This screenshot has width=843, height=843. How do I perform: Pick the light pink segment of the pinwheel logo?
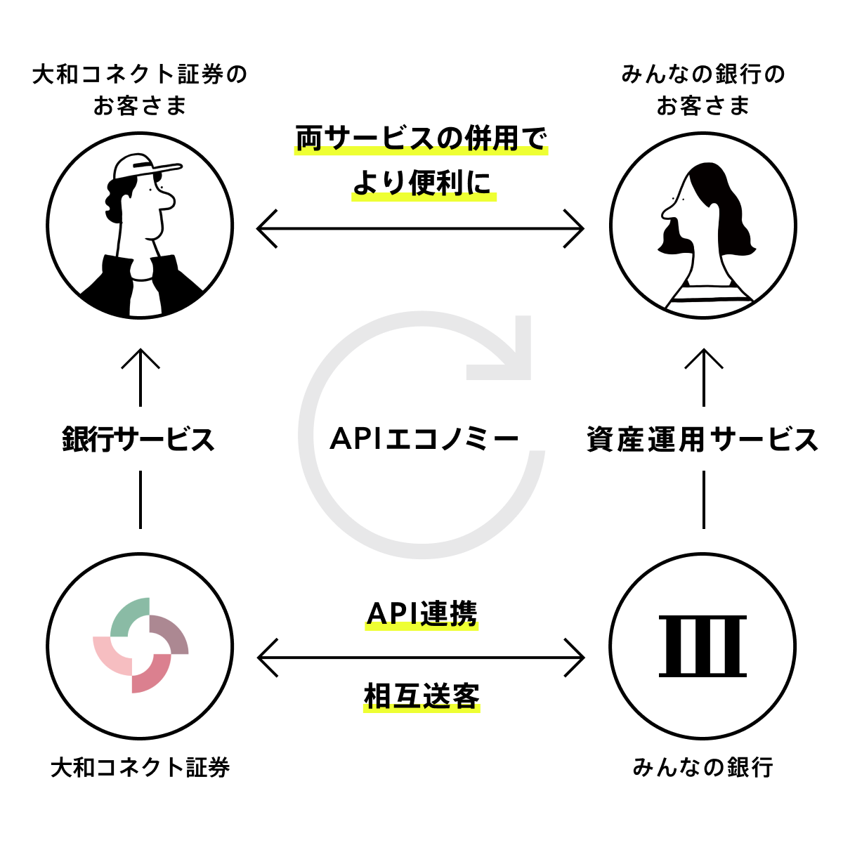coord(111,655)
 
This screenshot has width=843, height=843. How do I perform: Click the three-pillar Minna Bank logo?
coord(702,646)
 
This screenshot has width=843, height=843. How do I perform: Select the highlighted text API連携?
coord(421,614)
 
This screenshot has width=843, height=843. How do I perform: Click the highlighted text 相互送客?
coord(421,697)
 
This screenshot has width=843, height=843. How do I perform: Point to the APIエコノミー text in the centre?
coord(424,439)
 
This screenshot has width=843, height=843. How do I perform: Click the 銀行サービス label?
coord(138,440)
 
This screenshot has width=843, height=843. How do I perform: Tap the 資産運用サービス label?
coord(702,440)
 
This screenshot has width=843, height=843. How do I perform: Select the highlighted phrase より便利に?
coord(423,184)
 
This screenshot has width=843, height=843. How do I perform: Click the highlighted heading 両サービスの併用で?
coord(421,138)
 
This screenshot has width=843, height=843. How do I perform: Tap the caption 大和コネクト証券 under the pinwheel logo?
coord(140,767)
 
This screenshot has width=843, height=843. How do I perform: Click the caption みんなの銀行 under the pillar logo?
coord(702,767)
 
